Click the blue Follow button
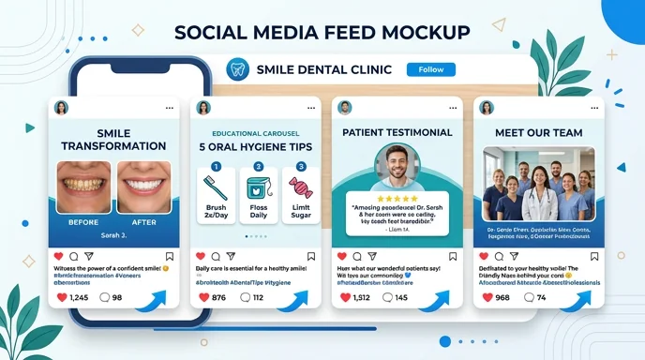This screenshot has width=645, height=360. click(x=430, y=69)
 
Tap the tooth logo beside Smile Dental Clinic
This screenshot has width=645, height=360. click(x=238, y=69)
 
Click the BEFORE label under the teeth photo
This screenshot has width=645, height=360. click(x=83, y=222)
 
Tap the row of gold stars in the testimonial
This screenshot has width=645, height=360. click(x=397, y=198)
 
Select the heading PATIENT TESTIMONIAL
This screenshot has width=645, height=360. click(x=397, y=132)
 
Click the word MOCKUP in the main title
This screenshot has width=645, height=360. click(x=418, y=32)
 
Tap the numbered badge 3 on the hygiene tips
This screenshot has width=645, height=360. click(x=301, y=167)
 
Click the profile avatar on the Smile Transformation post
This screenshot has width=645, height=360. click(x=62, y=108)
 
